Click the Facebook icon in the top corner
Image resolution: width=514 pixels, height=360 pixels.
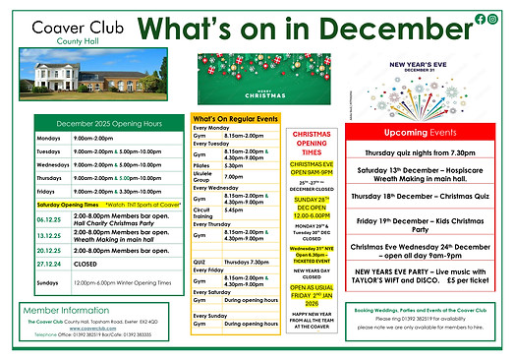pos(480,19)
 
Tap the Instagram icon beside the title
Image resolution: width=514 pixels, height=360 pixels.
pos(492,19)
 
